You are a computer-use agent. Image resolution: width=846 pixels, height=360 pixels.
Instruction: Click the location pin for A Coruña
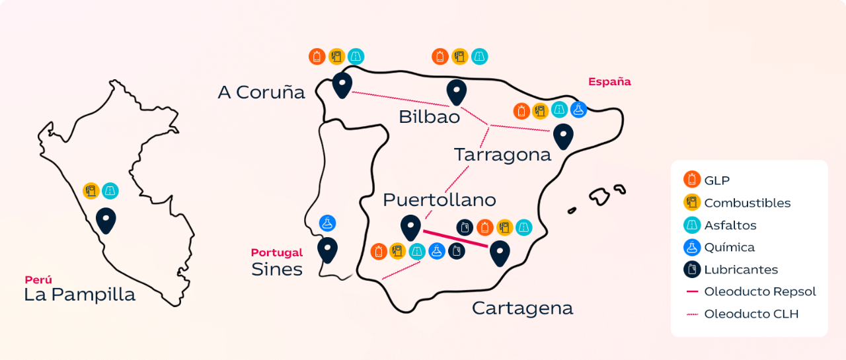[x=342, y=85]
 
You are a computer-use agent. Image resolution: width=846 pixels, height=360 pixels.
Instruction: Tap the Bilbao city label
[x=429, y=117]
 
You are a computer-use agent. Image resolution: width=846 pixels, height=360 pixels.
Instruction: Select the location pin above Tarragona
[x=562, y=135]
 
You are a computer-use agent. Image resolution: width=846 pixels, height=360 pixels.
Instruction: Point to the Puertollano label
[x=439, y=199]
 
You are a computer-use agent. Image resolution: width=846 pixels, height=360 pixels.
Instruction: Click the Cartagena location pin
[x=499, y=253]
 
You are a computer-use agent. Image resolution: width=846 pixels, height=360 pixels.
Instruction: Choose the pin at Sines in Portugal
[x=327, y=249]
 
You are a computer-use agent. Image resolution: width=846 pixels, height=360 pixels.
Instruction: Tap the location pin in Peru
[x=106, y=219]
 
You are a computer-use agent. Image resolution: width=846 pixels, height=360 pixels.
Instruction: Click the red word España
[x=609, y=82]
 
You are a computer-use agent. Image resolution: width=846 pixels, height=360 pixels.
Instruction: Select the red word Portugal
[x=276, y=252]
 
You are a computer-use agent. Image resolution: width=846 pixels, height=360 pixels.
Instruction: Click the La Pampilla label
[x=79, y=295]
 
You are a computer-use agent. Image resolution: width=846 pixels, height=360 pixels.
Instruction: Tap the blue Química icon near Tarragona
[x=578, y=110]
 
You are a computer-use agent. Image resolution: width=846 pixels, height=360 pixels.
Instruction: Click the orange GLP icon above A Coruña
[x=317, y=57]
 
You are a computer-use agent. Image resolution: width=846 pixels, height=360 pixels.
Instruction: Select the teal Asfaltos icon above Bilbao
[x=480, y=57]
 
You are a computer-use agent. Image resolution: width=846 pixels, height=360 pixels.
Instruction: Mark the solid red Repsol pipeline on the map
[x=455, y=238]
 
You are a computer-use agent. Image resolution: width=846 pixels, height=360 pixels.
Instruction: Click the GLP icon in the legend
[x=692, y=179]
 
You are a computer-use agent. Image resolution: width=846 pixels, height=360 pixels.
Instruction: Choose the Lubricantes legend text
[x=741, y=270]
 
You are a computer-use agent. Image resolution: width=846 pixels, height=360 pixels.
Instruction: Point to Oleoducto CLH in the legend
[x=751, y=314]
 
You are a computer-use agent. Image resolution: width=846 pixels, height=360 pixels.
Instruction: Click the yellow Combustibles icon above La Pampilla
[x=91, y=191]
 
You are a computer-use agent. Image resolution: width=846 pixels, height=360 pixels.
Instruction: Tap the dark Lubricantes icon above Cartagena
[x=465, y=227]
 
